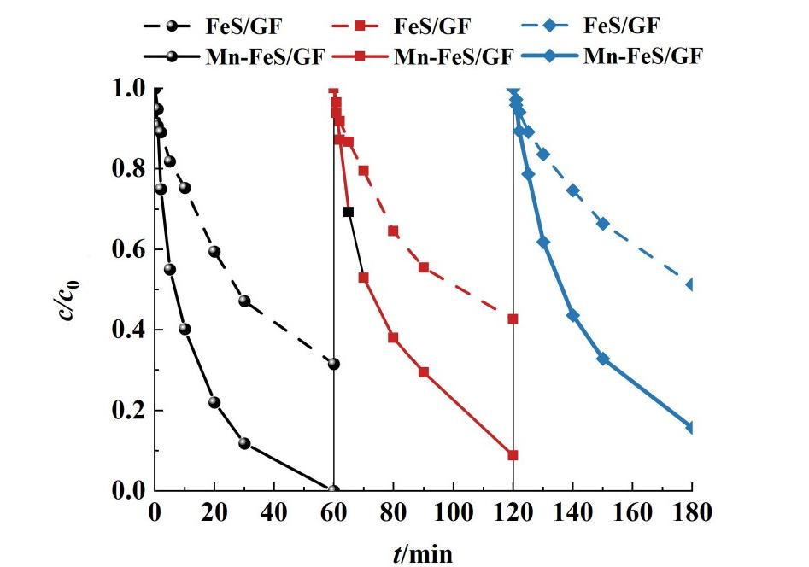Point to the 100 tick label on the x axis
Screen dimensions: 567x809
click(x=453, y=513)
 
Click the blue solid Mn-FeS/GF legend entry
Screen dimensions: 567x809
click(x=624, y=57)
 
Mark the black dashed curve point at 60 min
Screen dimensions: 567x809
click(x=333, y=364)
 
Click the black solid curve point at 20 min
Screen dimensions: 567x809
click(x=214, y=402)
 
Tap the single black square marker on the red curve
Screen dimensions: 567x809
click(x=349, y=212)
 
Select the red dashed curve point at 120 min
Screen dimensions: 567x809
click(x=513, y=319)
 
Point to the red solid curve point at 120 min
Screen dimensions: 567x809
click(x=513, y=455)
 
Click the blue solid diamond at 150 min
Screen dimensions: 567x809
click(x=602, y=359)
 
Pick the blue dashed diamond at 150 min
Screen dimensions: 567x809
click(x=602, y=224)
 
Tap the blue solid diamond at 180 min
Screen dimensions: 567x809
click(x=691, y=427)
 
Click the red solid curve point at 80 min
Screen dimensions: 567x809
click(x=393, y=337)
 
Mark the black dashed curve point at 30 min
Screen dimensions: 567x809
click(x=244, y=301)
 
